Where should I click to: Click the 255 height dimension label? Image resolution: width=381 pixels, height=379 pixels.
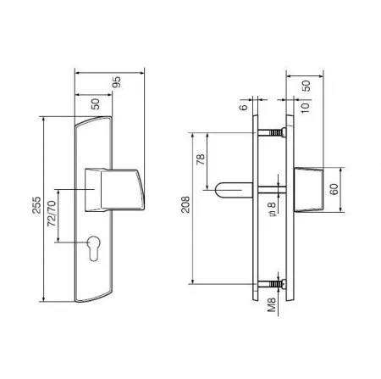pyautogui.click(x=36, y=205)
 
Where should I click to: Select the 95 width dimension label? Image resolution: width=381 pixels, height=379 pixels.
pyautogui.click(x=117, y=82)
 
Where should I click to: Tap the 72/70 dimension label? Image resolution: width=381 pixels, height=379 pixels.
pyautogui.click(x=52, y=214)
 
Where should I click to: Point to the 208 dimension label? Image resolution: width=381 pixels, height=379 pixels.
pyautogui.click(x=185, y=204)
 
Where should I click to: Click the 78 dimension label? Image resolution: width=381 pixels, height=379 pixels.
pyautogui.click(x=201, y=159)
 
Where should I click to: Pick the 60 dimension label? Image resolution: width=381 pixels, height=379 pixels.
pyautogui.click(x=334, y=189)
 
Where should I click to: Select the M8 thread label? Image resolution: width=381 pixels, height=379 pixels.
pyautogui.click(x=272, y=304)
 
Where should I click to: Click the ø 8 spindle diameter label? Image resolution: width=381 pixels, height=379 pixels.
pyautogui.click(x=272, y=209)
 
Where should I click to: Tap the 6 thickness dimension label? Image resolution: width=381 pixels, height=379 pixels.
pyautogui.click(x=243, y=107)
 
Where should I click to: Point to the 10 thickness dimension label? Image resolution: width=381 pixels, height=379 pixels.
pyautogui.click(x=305, y=108)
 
